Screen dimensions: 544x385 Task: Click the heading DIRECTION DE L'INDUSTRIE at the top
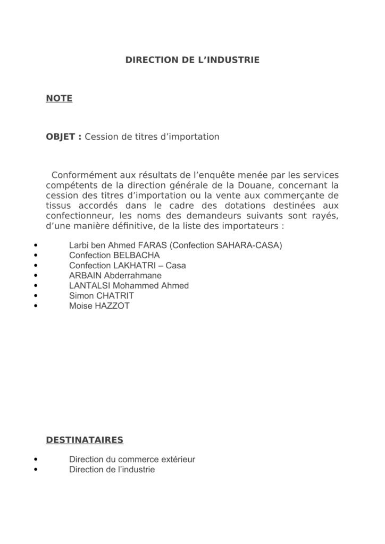point(192,61)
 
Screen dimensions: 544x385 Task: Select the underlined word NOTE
point(59,98)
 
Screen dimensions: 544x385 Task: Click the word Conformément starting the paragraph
point(82,175)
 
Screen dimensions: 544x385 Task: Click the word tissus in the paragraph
point(58,205)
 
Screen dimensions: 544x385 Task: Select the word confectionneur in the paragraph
point(79,215)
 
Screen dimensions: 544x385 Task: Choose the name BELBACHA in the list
point(136,256)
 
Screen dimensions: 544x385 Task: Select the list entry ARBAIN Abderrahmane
point(115,276)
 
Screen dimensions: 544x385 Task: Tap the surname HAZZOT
point(111,306)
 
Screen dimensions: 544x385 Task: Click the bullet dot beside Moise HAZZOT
point(36,306)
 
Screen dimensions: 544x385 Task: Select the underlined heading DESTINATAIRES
point(85,440)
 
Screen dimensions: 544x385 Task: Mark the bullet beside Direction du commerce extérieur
point(36,460)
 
